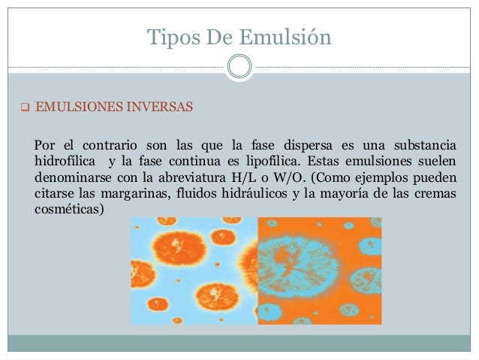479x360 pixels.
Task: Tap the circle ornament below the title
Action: point(239,67)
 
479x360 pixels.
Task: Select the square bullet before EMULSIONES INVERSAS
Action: point(24,107)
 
